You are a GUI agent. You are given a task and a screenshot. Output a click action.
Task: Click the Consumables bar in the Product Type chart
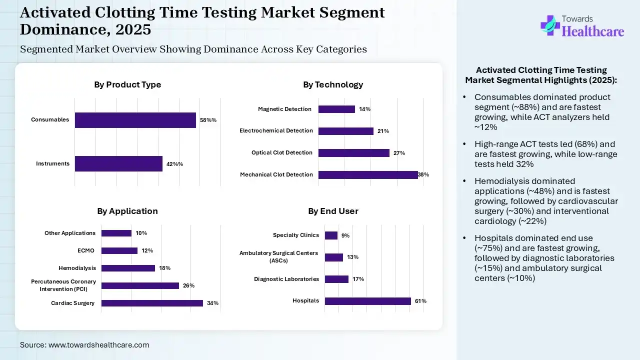coord(135,120)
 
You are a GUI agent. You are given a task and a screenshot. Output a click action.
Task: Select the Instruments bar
coord(118,163)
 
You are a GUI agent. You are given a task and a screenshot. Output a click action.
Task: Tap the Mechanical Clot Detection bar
coord(367,174)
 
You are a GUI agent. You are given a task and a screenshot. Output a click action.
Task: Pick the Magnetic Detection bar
coord(336,109)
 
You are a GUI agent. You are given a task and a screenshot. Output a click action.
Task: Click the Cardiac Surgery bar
coord(152,303)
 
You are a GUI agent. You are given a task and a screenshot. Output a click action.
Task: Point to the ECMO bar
coord(119,250)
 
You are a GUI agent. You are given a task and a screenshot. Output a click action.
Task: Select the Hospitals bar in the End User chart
coord(367,301)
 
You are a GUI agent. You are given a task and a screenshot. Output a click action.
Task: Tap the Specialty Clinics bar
coord(331,235)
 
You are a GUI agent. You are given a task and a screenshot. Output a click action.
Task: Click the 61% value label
coord(420,301)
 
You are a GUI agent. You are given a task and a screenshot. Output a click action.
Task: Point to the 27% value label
coord(399,153)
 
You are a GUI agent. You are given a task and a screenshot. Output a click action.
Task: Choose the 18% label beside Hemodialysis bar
coord(164,268)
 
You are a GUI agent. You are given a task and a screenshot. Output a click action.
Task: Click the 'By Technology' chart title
coord(333,84)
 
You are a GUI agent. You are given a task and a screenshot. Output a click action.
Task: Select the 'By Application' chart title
coord(127,211)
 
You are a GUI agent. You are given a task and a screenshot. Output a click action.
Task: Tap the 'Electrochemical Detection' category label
coord(276,131)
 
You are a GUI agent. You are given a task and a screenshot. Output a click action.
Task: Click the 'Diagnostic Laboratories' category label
coord(286,279)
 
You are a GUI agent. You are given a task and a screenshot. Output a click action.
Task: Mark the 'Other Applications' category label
coord(70,233)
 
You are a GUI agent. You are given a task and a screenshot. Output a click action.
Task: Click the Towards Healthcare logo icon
coord(549,25)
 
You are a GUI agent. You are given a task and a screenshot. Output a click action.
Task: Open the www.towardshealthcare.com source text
coord(98,345)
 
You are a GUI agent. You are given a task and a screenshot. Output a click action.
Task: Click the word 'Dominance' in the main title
coord(60,29)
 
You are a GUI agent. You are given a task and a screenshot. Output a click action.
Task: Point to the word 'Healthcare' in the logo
coord(593,31)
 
